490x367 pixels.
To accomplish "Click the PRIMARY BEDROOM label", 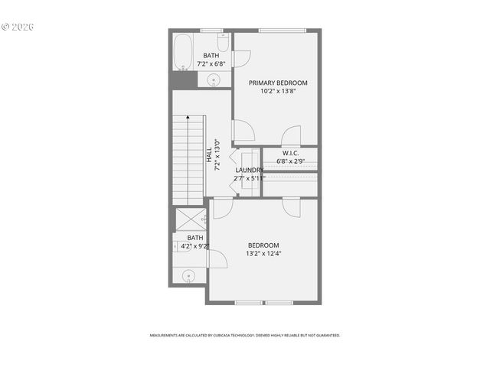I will [x=278, y=83].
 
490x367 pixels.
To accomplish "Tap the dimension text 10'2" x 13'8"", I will [x=278, y=91].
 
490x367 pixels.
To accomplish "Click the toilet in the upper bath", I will [x=223, y=43].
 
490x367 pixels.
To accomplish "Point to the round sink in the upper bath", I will [x=214, y=79].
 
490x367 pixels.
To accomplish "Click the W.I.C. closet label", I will [x=290, y=153].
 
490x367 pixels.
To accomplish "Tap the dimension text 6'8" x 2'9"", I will [x=290, y=161].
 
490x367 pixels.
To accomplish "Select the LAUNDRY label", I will [x=250, y=170].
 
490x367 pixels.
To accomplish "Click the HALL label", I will [x=208, y=154].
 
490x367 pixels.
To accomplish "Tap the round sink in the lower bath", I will [x=188, y=275].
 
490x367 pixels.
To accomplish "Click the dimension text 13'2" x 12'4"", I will [x=263, y=253].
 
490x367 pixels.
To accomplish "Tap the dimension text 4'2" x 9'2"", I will [x=195, y=246].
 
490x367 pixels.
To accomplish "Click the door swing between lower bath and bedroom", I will [x=217, y=258].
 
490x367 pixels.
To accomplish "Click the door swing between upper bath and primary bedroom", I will [x=241, y=58].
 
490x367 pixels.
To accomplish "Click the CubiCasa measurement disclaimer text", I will [x=245, y=335].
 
